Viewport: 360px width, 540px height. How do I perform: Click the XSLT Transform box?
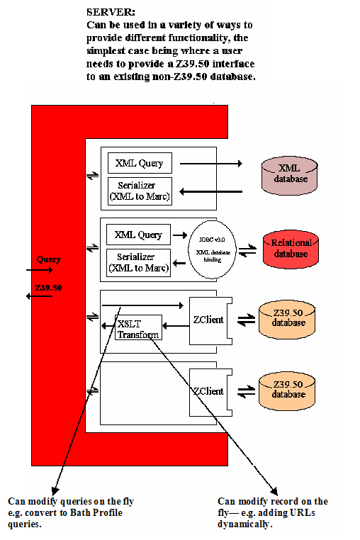point(138,328)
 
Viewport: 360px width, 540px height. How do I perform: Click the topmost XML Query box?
point(139,163)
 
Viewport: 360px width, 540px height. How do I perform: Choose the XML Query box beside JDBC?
point(138,235)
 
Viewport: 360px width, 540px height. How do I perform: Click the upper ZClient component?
point(208,320)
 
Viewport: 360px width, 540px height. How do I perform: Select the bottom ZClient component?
point(208,391)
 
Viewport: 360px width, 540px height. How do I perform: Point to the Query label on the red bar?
point(48,259)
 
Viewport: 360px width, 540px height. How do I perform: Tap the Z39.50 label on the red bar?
point(48,288)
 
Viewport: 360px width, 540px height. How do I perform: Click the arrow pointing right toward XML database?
point(208,163)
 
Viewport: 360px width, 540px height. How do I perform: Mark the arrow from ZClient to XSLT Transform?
point(176,326)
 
